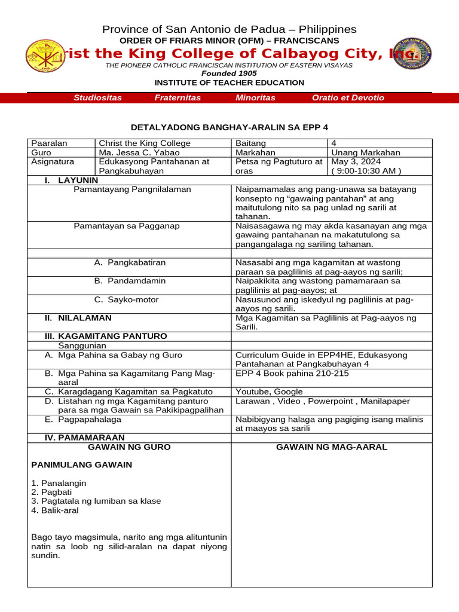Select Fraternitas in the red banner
pos(178,97)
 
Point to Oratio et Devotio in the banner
pos(348,97)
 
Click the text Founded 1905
pos(229,74)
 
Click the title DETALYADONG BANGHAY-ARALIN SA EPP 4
pos(229,127)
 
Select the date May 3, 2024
pos(356,161)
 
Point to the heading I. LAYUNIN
pos(71,180)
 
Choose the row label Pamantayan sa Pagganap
pos(126,225)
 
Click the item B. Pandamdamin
pos(130,281)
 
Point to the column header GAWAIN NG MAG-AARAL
pos(331,447)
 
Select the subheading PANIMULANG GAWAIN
pos(81,465)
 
